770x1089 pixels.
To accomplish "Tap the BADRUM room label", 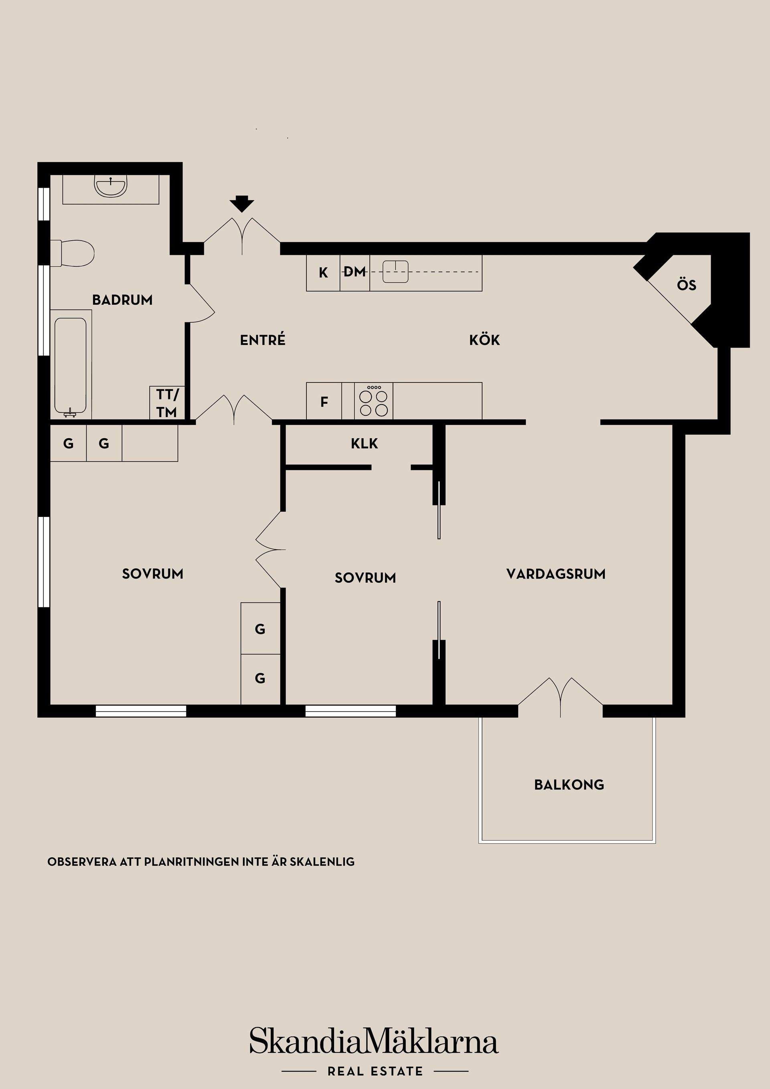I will [x=122, y=300].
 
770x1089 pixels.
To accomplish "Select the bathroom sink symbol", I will [x=111, y=186].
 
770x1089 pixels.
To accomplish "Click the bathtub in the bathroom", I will [x=70, y=364].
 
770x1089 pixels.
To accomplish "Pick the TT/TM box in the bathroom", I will [x=167, y=403].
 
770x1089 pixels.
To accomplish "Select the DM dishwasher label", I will [x=355, y=272].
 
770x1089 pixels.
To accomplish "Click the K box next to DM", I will [x=323, y=273].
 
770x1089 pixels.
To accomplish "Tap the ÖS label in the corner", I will [x=686, y=285].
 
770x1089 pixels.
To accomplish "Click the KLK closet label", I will [x=365, y=444].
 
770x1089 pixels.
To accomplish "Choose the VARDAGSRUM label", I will [x=555, y=574].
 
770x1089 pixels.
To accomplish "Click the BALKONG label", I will [x=569, y=785].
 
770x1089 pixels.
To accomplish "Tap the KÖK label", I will [x=484, y=340].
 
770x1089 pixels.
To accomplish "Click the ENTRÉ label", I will [x=263, y=340].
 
